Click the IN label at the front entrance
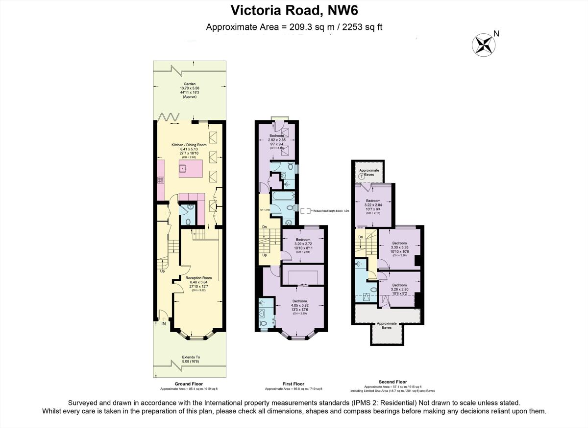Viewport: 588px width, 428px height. coord(163,323)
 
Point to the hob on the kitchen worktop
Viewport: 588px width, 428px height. coord(160,180)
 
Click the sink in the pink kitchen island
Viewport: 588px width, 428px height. coord(183,168)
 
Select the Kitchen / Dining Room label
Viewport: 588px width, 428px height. coord(189,145)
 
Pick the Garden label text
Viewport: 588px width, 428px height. coord(189,84)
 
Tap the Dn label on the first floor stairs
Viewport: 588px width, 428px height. coord(264,226)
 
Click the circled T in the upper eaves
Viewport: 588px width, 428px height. coord(362,176)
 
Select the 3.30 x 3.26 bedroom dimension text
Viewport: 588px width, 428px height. coord(399,248)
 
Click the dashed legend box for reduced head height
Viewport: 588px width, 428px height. coord(305,210)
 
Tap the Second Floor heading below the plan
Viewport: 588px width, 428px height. coord(392,382)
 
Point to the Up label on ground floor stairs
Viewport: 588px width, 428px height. coord(163,270)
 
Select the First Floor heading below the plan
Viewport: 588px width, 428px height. coord(294,384)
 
